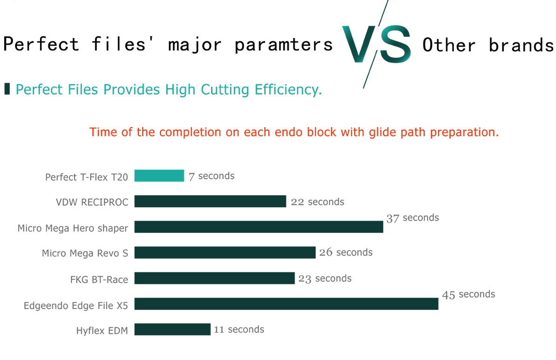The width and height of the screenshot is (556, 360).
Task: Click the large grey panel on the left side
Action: coord(65,242)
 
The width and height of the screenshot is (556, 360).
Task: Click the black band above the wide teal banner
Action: coord(163,51)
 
